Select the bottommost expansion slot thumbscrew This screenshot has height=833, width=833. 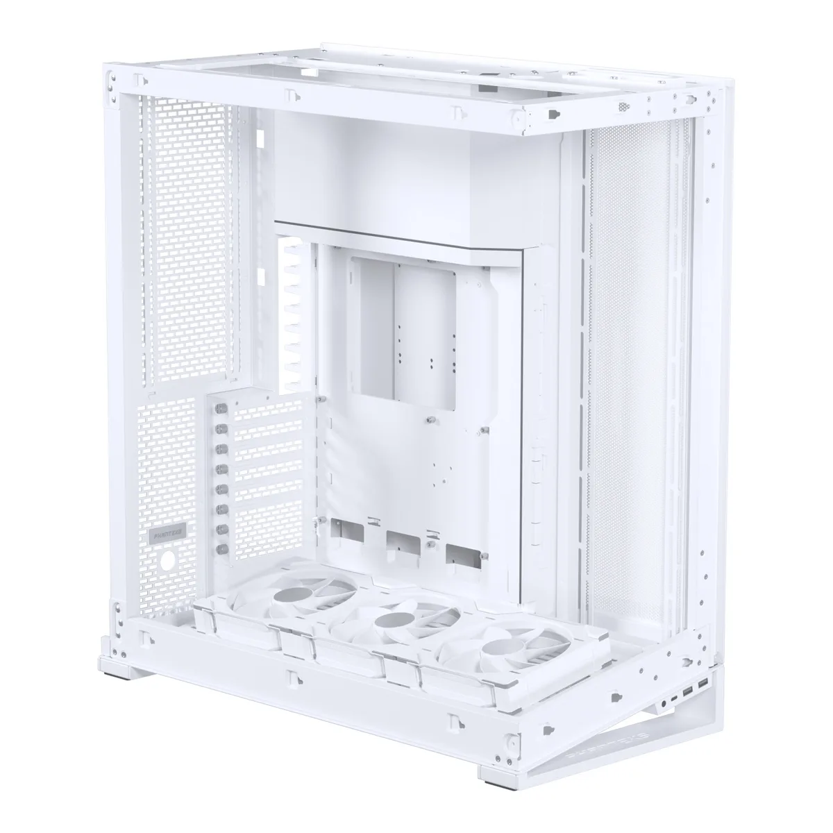[x=223, y=548]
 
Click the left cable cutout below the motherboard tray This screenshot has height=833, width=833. [x=348, y=531]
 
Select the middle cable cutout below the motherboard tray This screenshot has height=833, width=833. [x=403, y=541]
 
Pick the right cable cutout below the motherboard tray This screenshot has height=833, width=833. [x=463, y=553]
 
